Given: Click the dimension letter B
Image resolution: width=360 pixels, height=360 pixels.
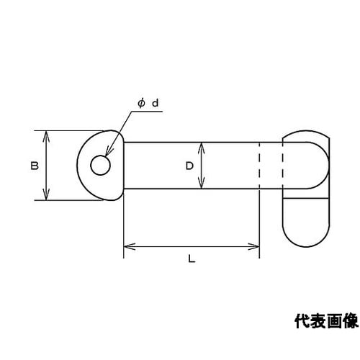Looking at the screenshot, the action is coord(35,166).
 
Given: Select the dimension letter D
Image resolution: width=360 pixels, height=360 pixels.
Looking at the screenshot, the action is coord(189,166).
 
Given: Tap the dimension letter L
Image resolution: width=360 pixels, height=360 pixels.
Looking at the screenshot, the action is coord(192,258).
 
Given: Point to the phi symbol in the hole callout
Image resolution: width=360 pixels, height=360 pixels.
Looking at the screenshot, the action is coord(141,103).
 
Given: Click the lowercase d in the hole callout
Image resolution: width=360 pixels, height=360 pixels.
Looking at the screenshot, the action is coord(156,103).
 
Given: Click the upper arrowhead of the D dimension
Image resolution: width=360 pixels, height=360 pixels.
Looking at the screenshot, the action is coord(202,148).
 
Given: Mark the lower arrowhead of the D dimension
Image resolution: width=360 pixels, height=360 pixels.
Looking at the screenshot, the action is coord(202,183).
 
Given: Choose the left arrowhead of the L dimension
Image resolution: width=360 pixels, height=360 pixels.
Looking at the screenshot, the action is coord(130,246).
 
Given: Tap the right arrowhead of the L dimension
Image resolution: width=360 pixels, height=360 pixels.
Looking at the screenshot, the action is coord(253,246).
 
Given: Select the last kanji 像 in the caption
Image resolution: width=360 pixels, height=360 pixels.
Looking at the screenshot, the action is coord(351,321).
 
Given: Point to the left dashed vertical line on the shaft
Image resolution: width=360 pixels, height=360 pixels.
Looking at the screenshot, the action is coord(259,166).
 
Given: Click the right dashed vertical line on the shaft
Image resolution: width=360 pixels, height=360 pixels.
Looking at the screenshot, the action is coord(283,166).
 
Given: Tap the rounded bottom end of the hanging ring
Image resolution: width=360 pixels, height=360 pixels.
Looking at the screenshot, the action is coord(306,246).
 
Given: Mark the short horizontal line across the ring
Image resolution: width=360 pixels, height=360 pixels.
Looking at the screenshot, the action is coord(306,198).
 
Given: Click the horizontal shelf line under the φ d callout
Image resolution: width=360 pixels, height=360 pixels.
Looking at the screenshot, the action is coord(147,112).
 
